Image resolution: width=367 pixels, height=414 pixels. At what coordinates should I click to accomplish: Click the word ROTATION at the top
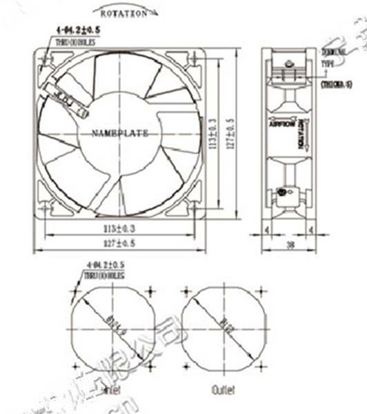click(x=123, y=13)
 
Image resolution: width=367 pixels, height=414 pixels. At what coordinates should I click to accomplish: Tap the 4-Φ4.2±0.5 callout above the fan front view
click(x=75, y=30)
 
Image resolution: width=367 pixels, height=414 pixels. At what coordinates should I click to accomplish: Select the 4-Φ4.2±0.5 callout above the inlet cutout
click(x=107, y=265)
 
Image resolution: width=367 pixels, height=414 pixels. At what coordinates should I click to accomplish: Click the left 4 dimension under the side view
click(x=266, y=229)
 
